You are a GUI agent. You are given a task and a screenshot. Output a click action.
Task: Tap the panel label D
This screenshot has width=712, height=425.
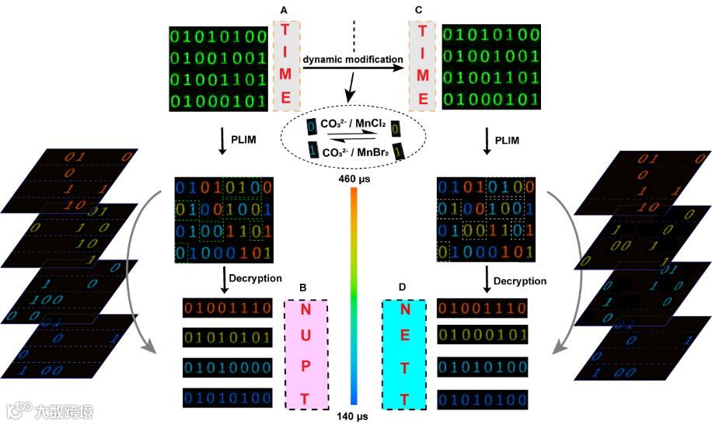point(402,288)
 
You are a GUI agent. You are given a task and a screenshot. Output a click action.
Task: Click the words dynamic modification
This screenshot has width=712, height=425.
point(353,59)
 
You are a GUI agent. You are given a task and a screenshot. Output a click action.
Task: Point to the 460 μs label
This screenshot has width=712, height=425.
point(353,180)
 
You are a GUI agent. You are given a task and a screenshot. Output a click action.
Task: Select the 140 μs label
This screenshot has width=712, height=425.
point(353,416)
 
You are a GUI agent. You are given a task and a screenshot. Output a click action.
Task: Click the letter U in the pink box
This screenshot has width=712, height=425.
point(305,340)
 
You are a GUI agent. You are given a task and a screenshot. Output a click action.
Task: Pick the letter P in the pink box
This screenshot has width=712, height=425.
point(305,369)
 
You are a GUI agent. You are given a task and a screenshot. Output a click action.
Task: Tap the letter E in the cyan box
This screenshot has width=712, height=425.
point(405,340)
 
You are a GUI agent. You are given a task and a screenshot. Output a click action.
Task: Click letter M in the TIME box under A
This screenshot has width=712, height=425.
point(286,75)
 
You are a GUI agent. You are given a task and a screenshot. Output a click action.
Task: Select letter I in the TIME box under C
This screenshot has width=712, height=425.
point(423,53)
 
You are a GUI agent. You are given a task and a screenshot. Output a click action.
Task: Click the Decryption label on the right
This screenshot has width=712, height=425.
point(519,280)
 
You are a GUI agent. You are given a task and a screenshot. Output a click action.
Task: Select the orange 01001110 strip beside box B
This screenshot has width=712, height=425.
point(228,309)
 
